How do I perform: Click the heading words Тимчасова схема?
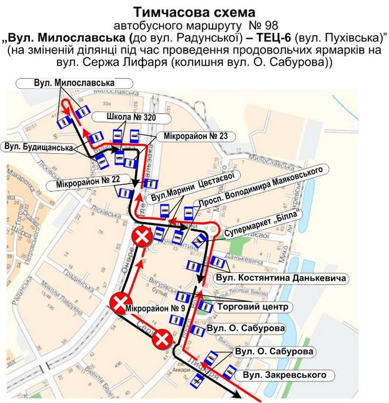coord(194,12)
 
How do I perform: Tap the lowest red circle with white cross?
coord(163,341)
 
